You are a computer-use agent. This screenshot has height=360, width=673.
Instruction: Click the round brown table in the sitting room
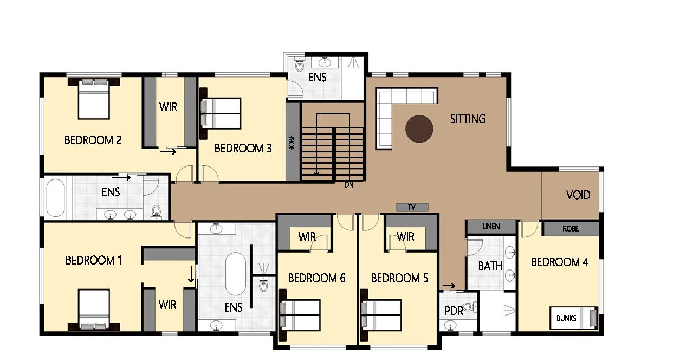click(419, 128)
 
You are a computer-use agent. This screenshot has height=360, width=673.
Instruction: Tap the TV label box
click(412, 207)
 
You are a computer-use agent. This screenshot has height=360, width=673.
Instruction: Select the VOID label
click(578, 195)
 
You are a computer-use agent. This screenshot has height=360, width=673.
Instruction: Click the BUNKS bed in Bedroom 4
click(573, 318)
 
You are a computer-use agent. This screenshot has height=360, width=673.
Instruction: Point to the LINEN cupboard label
click(491, 227)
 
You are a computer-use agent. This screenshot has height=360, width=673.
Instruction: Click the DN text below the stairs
click(349, 185)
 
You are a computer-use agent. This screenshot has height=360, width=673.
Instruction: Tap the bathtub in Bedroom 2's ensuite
click(56, 198)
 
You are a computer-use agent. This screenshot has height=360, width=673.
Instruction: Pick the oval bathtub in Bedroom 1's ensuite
click(236, 274)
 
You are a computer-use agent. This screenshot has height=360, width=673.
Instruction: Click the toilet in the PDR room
click(469, 307)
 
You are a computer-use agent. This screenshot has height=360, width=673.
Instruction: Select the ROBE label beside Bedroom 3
click(292, 143)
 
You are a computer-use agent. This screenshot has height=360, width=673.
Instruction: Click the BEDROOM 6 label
click(316, 278)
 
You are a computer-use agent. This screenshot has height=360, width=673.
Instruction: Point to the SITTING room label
click(468, 119)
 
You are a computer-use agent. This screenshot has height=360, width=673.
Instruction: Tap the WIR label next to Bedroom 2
click(168, 107)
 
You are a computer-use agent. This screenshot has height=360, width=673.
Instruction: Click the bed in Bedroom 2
click(94, 99)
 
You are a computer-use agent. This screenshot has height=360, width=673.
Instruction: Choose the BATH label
click(490, 266)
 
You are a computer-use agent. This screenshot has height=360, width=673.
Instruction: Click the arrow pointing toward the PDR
click(449, 286)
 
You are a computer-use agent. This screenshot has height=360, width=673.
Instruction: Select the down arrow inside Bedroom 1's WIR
click(191, 274)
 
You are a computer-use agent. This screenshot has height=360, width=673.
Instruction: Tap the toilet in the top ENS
click(299, 66)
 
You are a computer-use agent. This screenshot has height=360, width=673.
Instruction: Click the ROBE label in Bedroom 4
click(571, 229)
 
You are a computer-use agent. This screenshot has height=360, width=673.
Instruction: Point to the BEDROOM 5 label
click(399, 278)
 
